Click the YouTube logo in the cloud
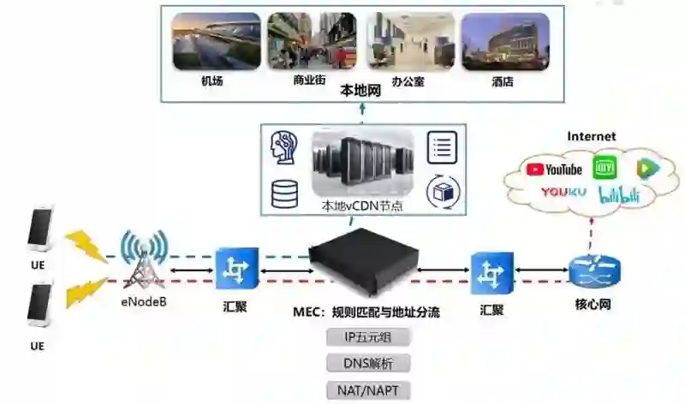[x=554, y=169]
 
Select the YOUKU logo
[x=563, y=193]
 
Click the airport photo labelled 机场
[x=216, y=41]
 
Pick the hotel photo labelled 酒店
[x=503, y=41]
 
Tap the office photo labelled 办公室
[x=408, y=41]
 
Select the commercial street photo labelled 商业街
[x=312, y=41]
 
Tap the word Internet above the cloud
[x=592, y=136]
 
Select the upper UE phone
[x=39, y=229]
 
